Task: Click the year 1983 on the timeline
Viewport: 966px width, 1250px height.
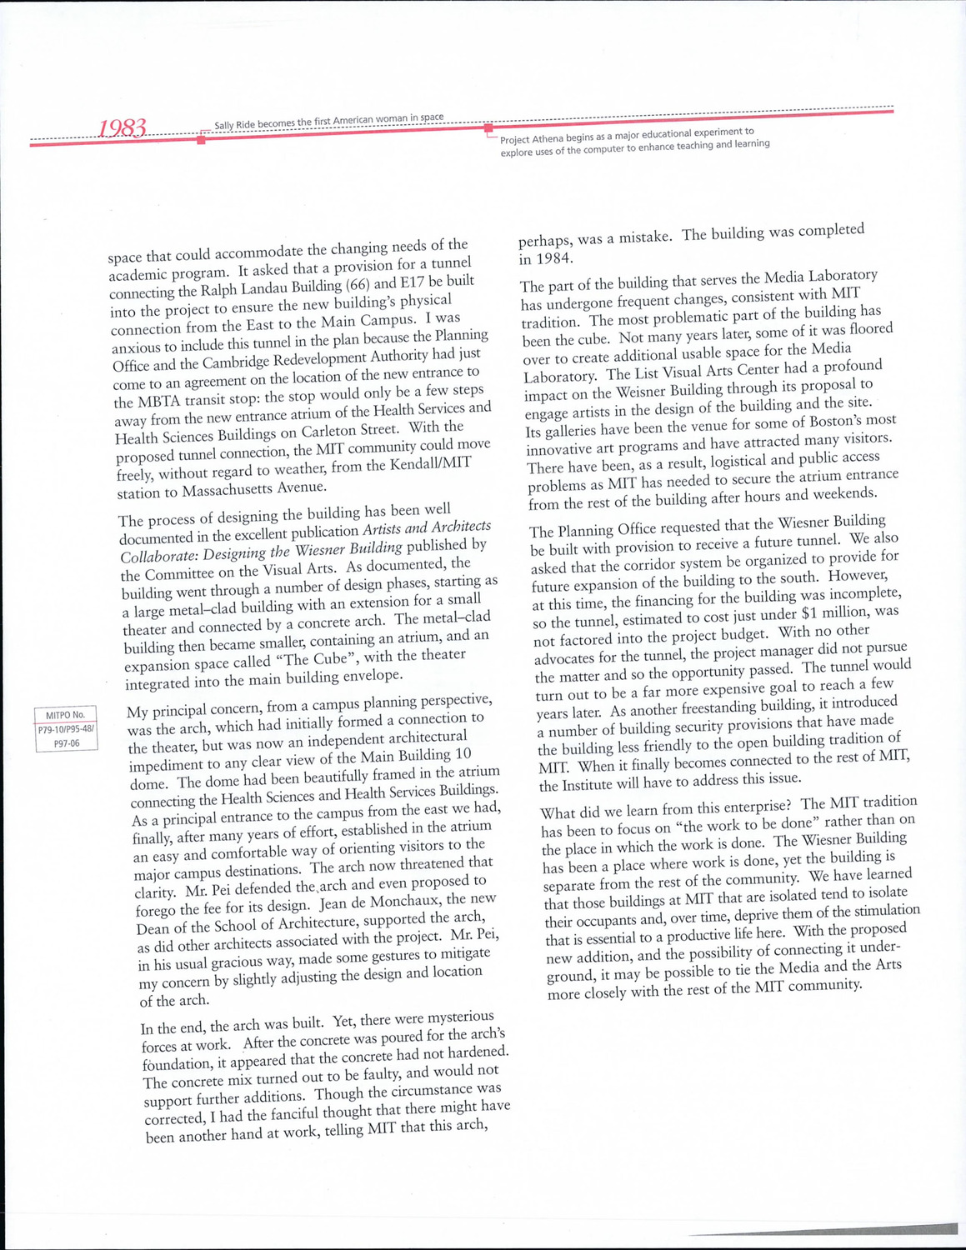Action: click(x=123, y=128)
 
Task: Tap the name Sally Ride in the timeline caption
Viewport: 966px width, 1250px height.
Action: click(x=234, y=125)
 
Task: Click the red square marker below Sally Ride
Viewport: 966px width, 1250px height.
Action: click(x=201, y=140)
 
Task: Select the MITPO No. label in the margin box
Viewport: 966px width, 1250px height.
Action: click(x=65, y=715)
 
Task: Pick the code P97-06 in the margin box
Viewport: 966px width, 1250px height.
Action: click(x=67, y=742)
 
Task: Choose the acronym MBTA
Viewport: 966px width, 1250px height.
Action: click(x=138, y=402)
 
